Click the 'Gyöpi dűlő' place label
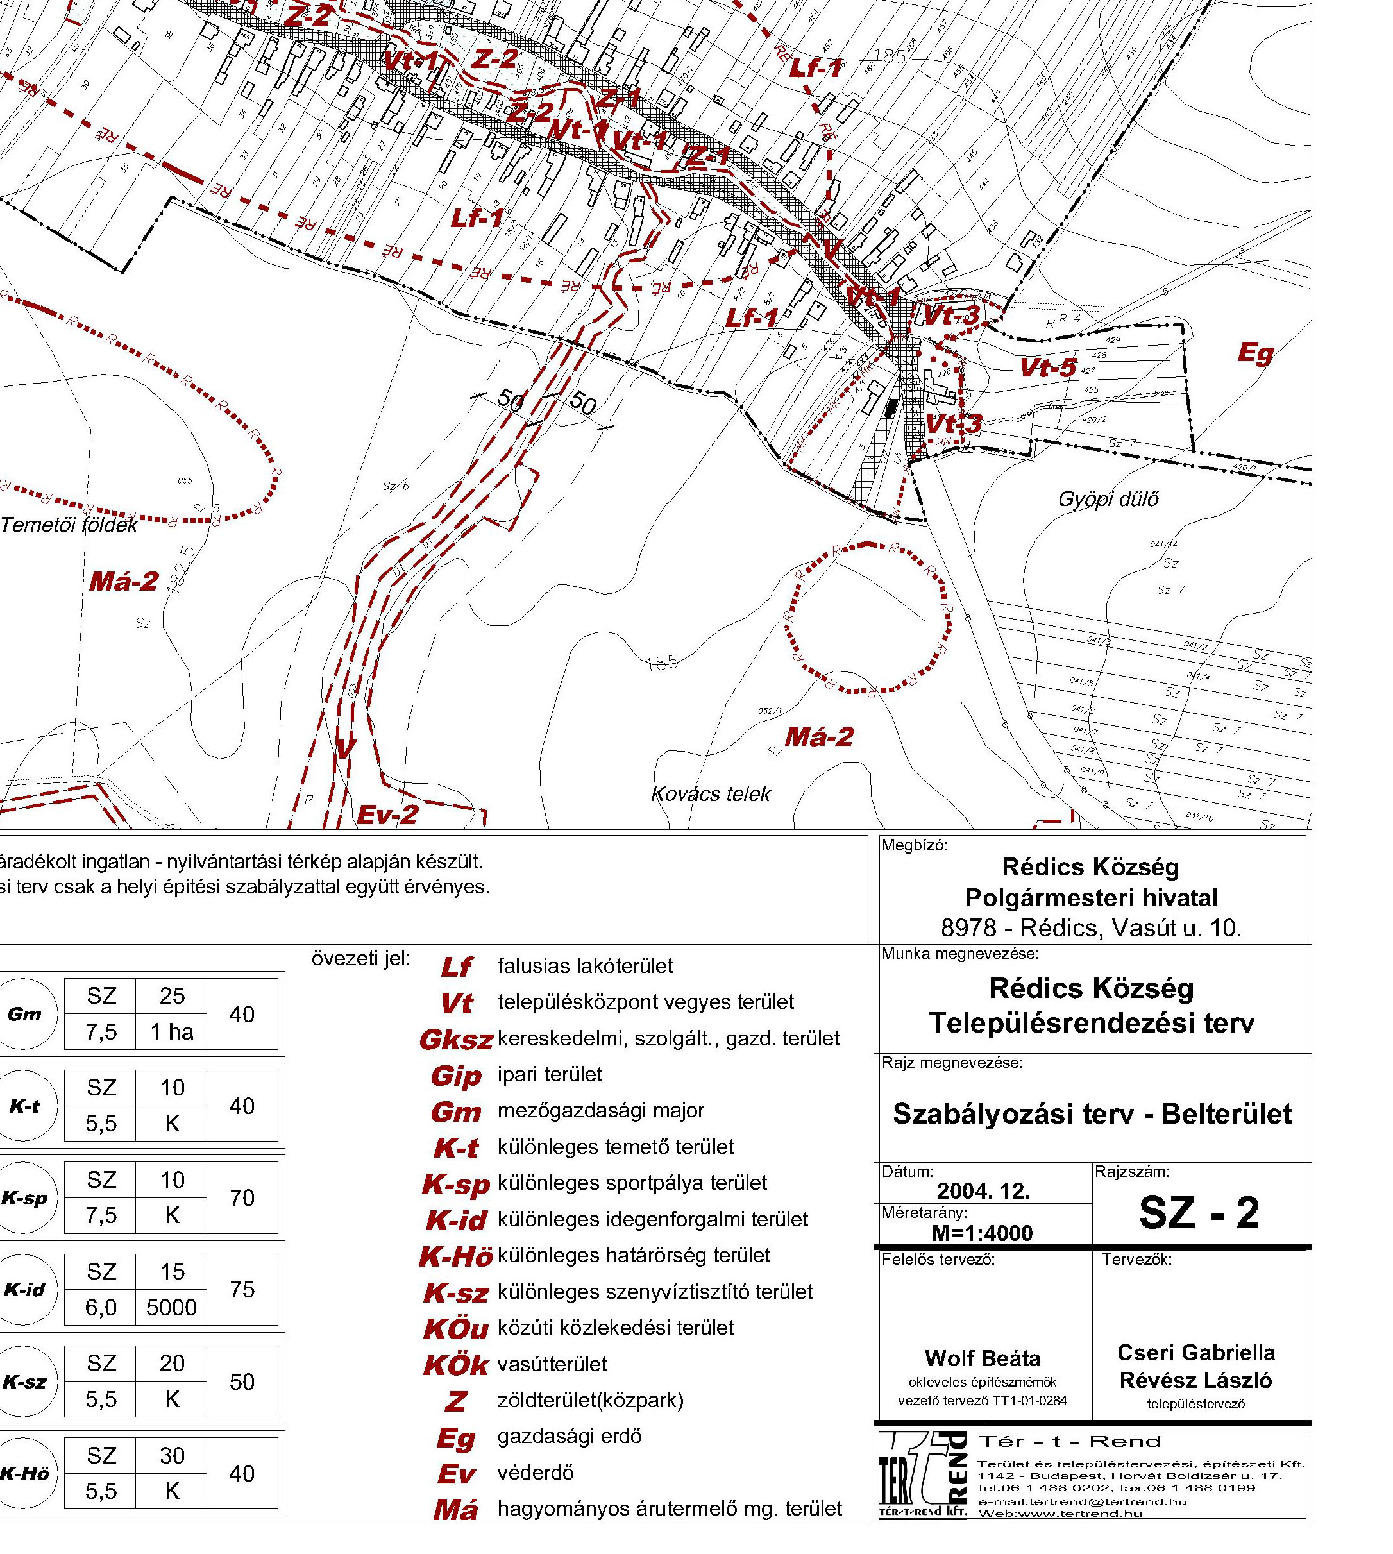point(1108,500)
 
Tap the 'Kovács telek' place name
point(710,794)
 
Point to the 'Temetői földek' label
point(69,525)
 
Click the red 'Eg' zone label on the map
point(1256,353)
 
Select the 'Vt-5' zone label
point(1049,368)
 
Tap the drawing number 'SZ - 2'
point(1199,1212)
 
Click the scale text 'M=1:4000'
point(982,1233)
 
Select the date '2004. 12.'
point(983,1191)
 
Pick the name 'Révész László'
point(1195,1380)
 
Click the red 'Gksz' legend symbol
point(455,1040)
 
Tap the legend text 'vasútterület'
point(552,1364)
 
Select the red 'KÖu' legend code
point(455,1329)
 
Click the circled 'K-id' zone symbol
point(25,1290)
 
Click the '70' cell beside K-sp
point(242,1198)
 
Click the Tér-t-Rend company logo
point(923,1474)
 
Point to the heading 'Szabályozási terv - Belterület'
point(1092,1114)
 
